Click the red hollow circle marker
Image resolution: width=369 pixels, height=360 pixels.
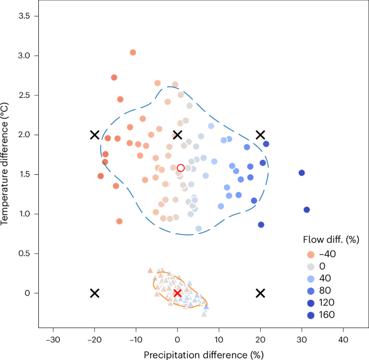point(181,168)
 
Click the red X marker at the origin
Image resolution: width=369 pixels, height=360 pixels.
point(177,293)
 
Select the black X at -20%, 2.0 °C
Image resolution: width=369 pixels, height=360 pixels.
point(94,135)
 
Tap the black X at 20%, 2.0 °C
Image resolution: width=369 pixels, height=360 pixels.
point(261,135)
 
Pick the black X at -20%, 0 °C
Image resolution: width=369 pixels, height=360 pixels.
point(94,293)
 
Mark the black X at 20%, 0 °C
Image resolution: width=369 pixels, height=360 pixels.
point(261,293)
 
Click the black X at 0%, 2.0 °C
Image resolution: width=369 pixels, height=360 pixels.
point(177,135)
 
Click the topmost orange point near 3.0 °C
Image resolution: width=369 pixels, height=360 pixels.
point(133,52)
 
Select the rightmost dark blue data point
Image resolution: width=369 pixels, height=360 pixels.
point(307,210)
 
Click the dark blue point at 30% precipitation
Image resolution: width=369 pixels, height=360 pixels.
point(302,173)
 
